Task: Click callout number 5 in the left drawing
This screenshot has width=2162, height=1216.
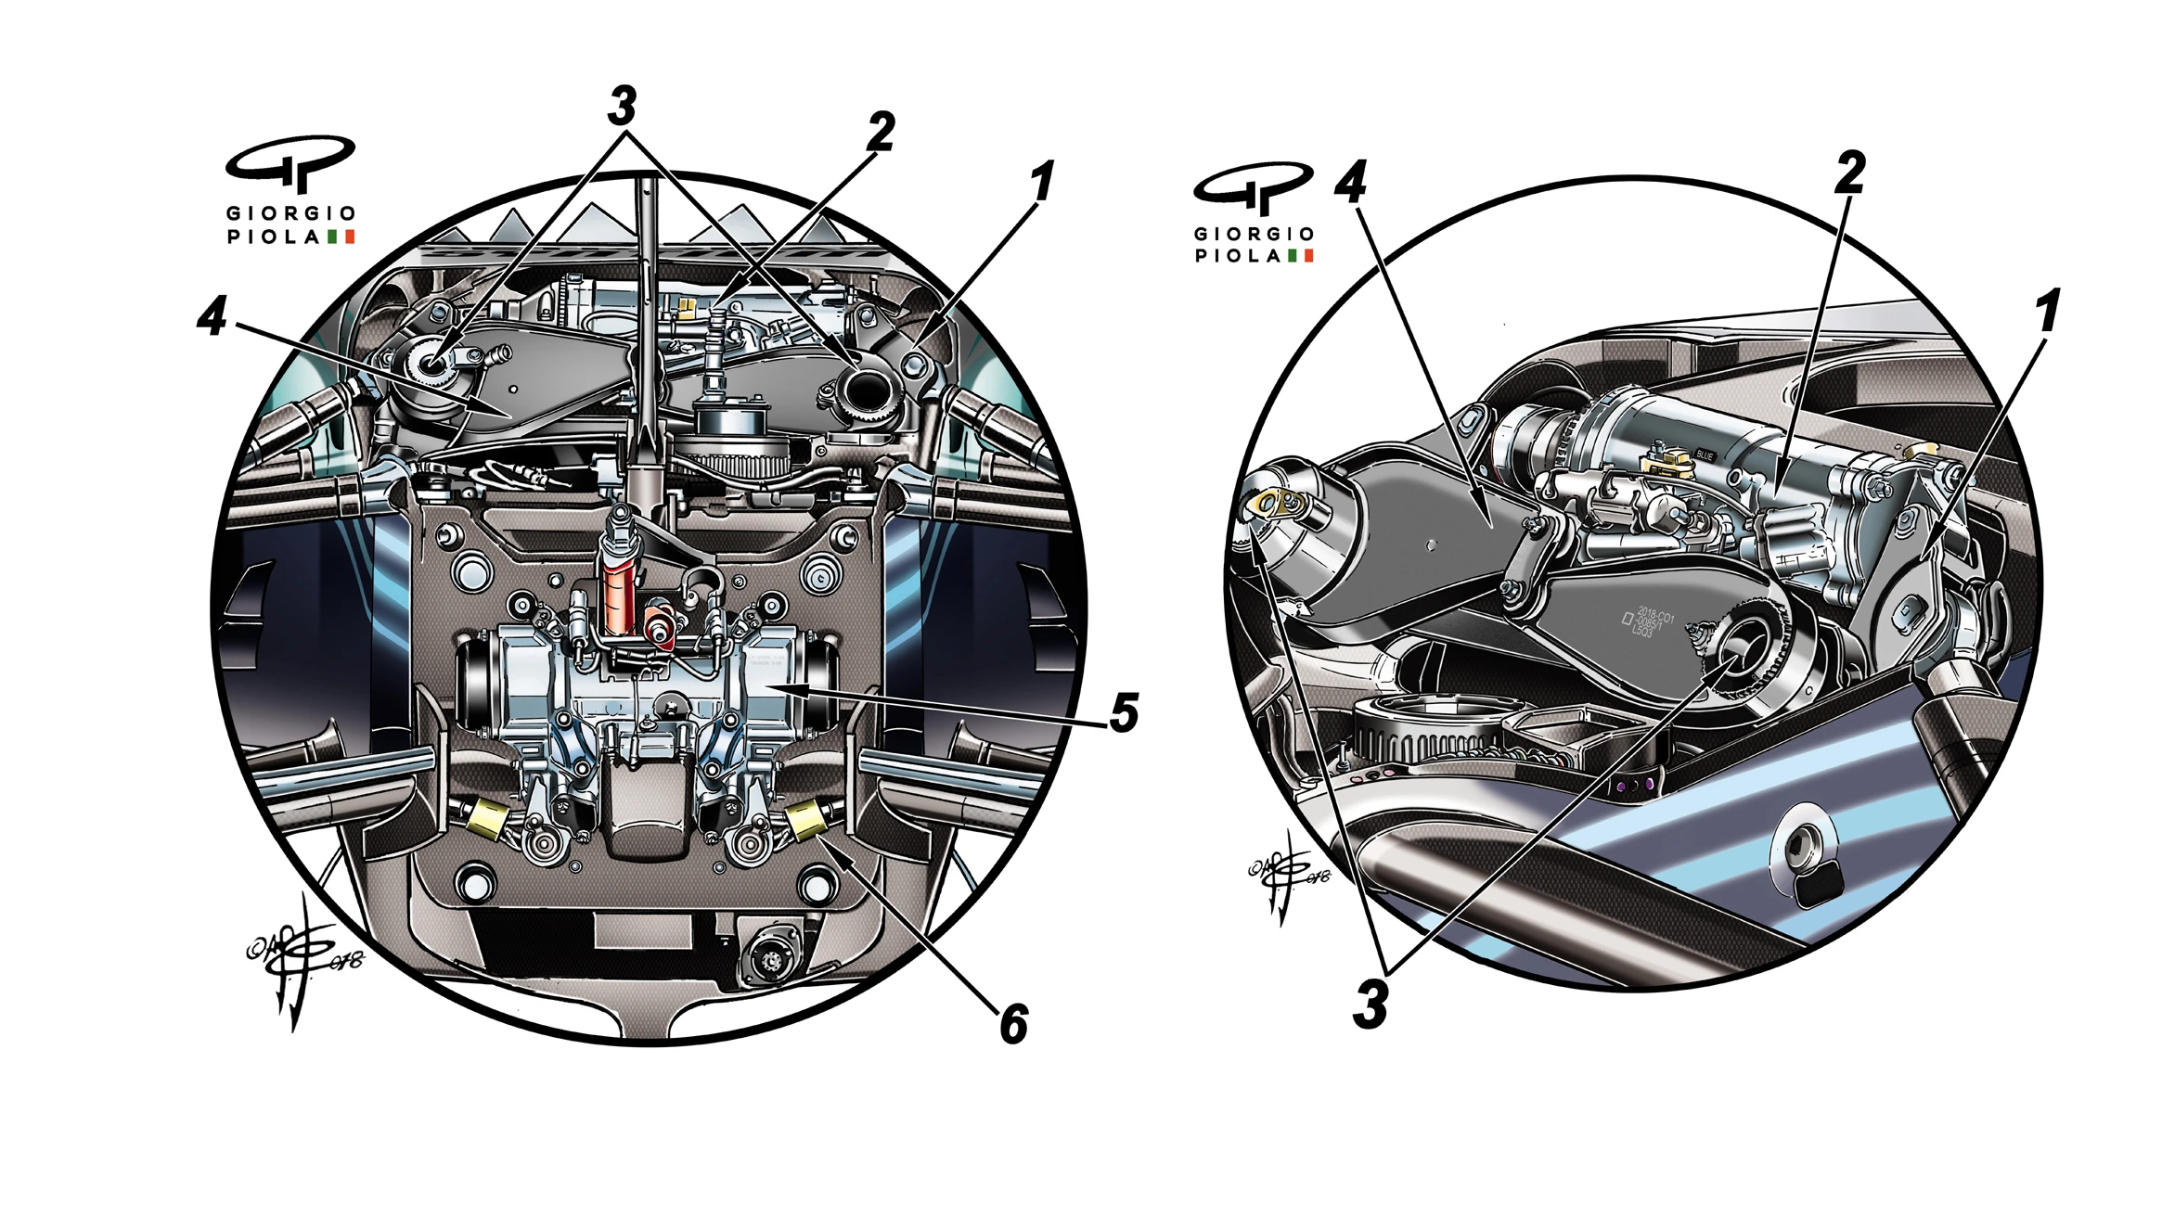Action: point(1124,713)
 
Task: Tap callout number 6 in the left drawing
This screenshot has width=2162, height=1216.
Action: point(1013,1024)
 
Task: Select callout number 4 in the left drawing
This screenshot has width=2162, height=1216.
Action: point(212,317)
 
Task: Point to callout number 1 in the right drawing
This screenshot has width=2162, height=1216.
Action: point(2047,312)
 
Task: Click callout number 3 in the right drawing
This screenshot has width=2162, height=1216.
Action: point(1371,1004)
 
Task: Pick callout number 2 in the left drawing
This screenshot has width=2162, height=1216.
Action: point(881,132)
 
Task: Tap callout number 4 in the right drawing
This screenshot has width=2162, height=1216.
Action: point(1350,182)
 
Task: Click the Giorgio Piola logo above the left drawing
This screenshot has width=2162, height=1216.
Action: point(290,191)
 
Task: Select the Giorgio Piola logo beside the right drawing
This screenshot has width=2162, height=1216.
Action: point(1254,213)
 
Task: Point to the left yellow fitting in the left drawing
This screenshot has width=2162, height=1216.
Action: point(485,817)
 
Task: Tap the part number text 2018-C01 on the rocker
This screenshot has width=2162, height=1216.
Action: point(1654,615)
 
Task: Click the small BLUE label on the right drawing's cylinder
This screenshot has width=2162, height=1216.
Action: point(1704,455)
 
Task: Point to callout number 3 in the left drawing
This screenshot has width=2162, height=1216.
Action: point(623,106)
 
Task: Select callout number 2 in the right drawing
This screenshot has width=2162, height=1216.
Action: point(1849,173)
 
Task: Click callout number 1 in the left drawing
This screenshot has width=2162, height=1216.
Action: point(1042,182)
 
